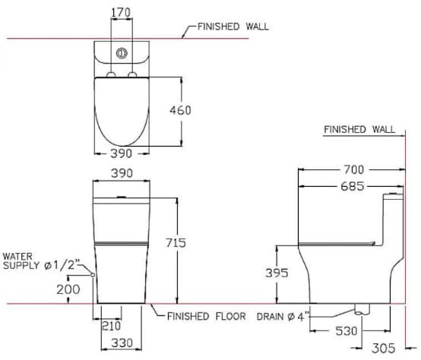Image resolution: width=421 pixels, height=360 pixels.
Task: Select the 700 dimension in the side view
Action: click(353, 169)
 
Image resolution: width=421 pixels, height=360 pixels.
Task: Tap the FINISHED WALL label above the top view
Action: click(233, 26)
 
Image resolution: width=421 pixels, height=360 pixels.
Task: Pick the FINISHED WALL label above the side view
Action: click(359, 129)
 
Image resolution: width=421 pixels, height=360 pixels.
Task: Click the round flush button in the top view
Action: click(120, 52)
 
